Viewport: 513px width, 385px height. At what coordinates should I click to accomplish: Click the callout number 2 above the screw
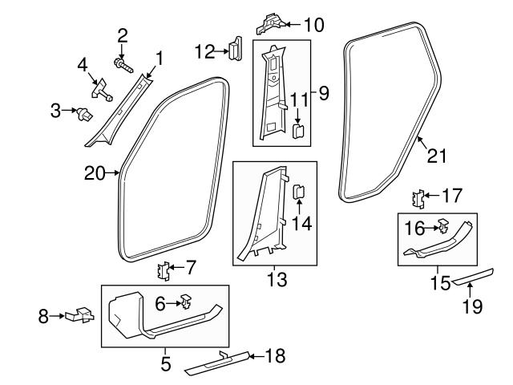[123, 34]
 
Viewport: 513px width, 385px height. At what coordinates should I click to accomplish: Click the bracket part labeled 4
[102, 89]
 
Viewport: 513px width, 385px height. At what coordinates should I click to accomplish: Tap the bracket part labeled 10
[269, 23]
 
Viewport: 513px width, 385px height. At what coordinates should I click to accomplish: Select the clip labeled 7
[164, 270]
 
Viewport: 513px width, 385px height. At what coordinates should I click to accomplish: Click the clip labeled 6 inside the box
[184, 303]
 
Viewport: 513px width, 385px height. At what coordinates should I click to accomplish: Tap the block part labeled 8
[80, 316]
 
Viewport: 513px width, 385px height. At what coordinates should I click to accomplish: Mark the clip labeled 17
[418, 197]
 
